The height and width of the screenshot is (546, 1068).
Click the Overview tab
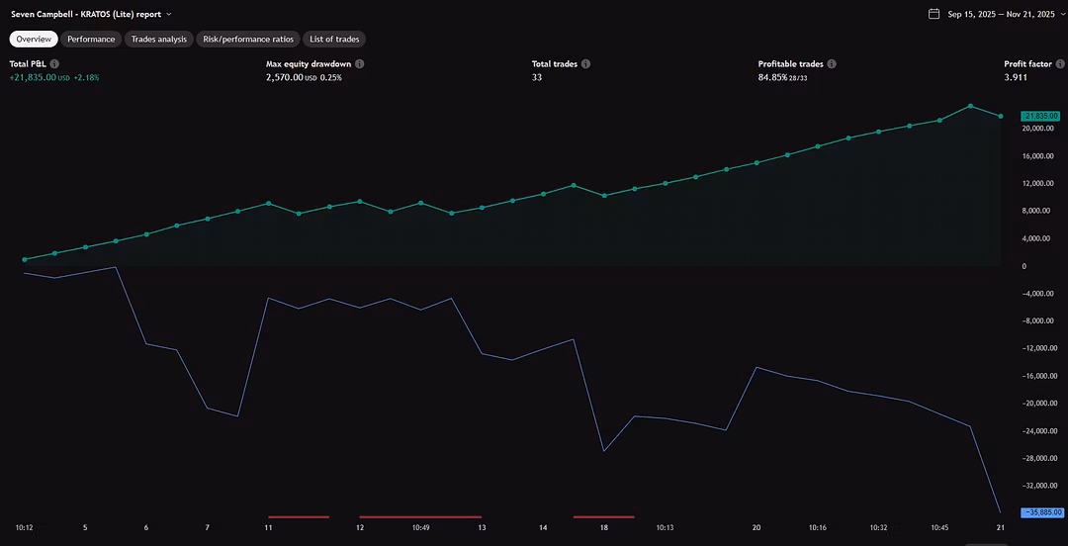[x=34, y=40]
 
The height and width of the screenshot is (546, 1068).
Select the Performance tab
[x=91, y=40]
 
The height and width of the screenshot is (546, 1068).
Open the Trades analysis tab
[x=158, y=40]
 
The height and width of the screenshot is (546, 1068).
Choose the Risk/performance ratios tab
[x=247, y=40]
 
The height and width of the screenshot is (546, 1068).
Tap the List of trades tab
[x=334, y=40]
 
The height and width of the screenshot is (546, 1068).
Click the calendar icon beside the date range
[x=934, y=14]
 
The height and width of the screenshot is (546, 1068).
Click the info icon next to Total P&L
[x=54, y=64]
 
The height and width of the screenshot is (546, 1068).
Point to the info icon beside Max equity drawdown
[x=360, y=64]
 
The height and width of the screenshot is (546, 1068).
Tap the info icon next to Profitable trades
[x=832, y=64]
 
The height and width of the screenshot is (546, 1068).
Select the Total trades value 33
[x=538, y=77]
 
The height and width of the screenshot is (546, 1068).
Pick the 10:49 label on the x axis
[x=420, y=528]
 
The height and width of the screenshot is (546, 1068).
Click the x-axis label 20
[x=756, y=528]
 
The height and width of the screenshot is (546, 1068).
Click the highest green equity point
[x=970, y=106]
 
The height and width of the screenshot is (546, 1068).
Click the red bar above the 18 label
[x=603, y=516]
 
